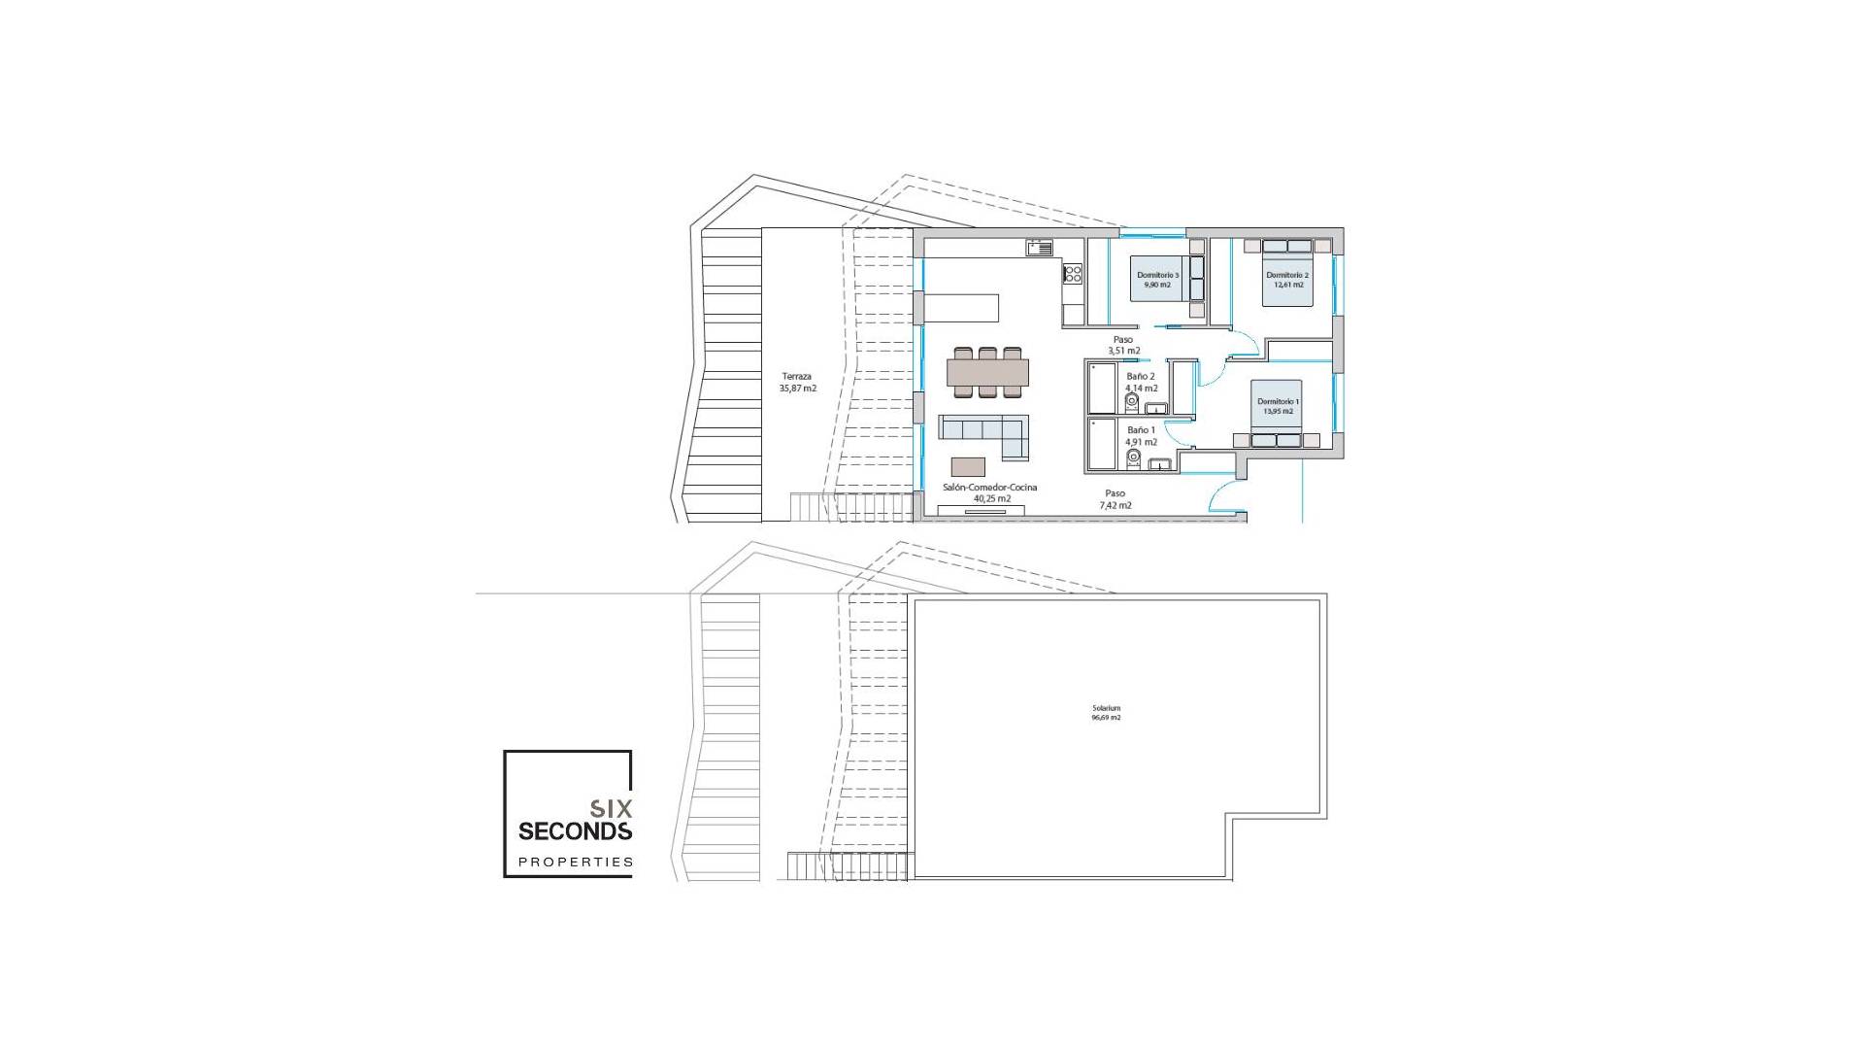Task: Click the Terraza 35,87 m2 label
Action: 797,382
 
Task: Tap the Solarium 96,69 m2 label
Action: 1106,712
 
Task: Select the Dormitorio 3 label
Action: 1157,280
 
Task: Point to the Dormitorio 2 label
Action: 1287,280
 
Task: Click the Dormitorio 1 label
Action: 1278,406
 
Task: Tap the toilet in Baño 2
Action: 1132,400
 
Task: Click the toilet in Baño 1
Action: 1132,454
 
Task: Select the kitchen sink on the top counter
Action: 1040,248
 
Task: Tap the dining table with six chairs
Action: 987,372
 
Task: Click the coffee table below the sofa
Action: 968,466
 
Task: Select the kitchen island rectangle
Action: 961,308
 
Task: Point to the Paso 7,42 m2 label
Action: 1115,499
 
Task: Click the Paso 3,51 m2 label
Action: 1123,345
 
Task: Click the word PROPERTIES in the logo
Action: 575,862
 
